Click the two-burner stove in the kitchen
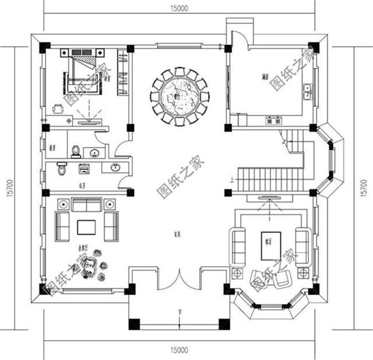click(x=274, y=121)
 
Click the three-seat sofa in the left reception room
click(x=86, y=205)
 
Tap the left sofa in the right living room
click(x=238, y=246)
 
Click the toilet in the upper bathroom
click(x=75, y=151)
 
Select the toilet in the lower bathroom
click(x=62, y=170)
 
